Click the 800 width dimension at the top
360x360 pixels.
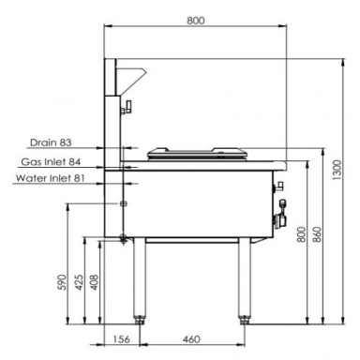tap(196, 21)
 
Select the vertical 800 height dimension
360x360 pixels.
tap(301, 234)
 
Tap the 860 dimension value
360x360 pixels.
tap(317, 234)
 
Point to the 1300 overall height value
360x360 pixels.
tap(337, 171)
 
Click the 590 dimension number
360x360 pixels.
tap(63, 282)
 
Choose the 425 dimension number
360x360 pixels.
tap(80, 282)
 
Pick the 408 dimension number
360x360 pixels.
tap(94, 282)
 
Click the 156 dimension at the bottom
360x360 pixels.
tap(121, 339)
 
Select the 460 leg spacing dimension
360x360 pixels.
tap(190, 339)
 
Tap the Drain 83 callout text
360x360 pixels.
tap(51, 142)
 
